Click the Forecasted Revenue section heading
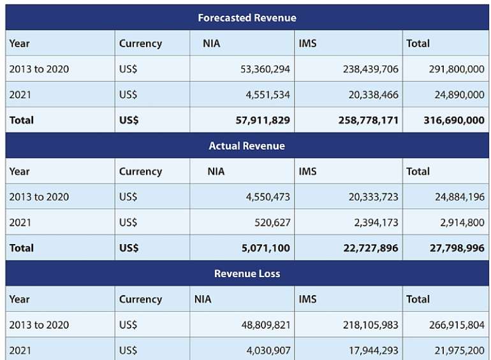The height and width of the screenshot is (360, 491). pyautogui.click(x=247, y=18)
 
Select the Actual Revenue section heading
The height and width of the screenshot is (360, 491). pyautogui.click(x=247, y=146)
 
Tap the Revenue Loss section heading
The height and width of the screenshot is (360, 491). pyautogui.click(x=247, y=274)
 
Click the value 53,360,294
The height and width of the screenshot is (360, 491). pyautogui.click(x=265, y=69)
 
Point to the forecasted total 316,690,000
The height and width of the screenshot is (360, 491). pyautogui.click(x=454, y=120)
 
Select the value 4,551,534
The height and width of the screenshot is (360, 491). pyautogui.click(x=268, y=95)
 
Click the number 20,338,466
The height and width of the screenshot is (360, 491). pyautogui.click(x=374, y=95)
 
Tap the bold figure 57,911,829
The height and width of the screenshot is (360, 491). pyautogui.click(x=263, y=120)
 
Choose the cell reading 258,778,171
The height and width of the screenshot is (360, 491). pyautogui.click(x=369, y=120)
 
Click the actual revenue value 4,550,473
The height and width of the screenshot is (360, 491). pyautogui.click(x=268, y=197)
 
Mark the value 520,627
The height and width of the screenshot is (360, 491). pyautogui.click(x=272, y=223)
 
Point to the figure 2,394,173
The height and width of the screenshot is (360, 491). pyautogui.click(x=376, y=223)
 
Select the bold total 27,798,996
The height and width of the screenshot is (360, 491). pyautogui.click(x=457, y=248)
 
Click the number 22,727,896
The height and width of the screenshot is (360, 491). pyautogui.click(x=370, y=248)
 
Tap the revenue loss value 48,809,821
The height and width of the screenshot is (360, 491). pyautogui.click(x=266, y=325)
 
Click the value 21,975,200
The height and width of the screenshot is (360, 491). pyautogui.click(x=459, y=350)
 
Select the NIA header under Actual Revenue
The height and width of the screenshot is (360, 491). pyautogui.click(x=216, y=171)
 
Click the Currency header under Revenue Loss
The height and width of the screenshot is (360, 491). pyautogui.click(x=140, y=299)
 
